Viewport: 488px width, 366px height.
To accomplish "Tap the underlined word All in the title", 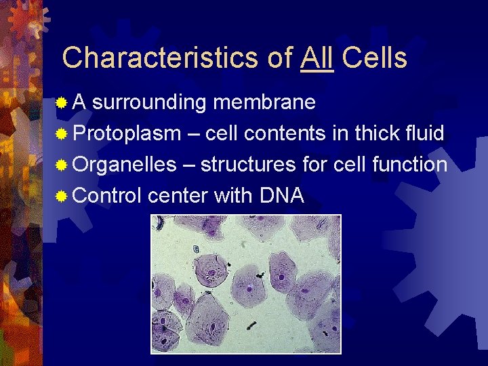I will point(317,58).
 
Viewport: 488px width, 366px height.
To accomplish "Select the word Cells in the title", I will point(374,58).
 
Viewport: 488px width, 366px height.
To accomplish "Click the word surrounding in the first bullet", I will point(149,102).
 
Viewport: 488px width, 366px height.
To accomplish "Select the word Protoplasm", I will point(127,134).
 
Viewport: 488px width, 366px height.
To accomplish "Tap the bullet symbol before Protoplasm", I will point(62,134).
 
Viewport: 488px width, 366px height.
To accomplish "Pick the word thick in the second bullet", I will point(374,133).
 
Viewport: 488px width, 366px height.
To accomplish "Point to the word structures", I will point(248,165).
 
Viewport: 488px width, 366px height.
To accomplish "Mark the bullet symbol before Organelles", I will point(62,165).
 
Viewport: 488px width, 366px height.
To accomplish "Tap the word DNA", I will point(281,196).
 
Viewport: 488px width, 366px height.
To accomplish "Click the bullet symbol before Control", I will point(62,197).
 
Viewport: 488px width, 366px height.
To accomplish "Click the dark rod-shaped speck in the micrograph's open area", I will point(251,325).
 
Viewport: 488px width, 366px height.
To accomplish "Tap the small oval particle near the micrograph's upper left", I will point(196,249).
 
